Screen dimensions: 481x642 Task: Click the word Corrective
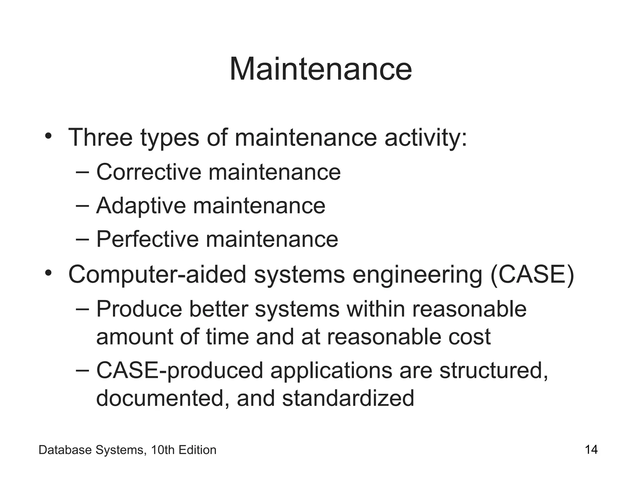tap(149, 172)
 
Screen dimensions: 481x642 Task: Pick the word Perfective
tap(147, 239)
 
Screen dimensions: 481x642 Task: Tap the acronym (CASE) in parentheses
tap(532, 275)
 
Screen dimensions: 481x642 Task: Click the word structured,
tap(494, 371)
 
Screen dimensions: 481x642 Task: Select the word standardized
tap(348, 398)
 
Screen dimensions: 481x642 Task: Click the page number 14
tap(591, 450)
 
